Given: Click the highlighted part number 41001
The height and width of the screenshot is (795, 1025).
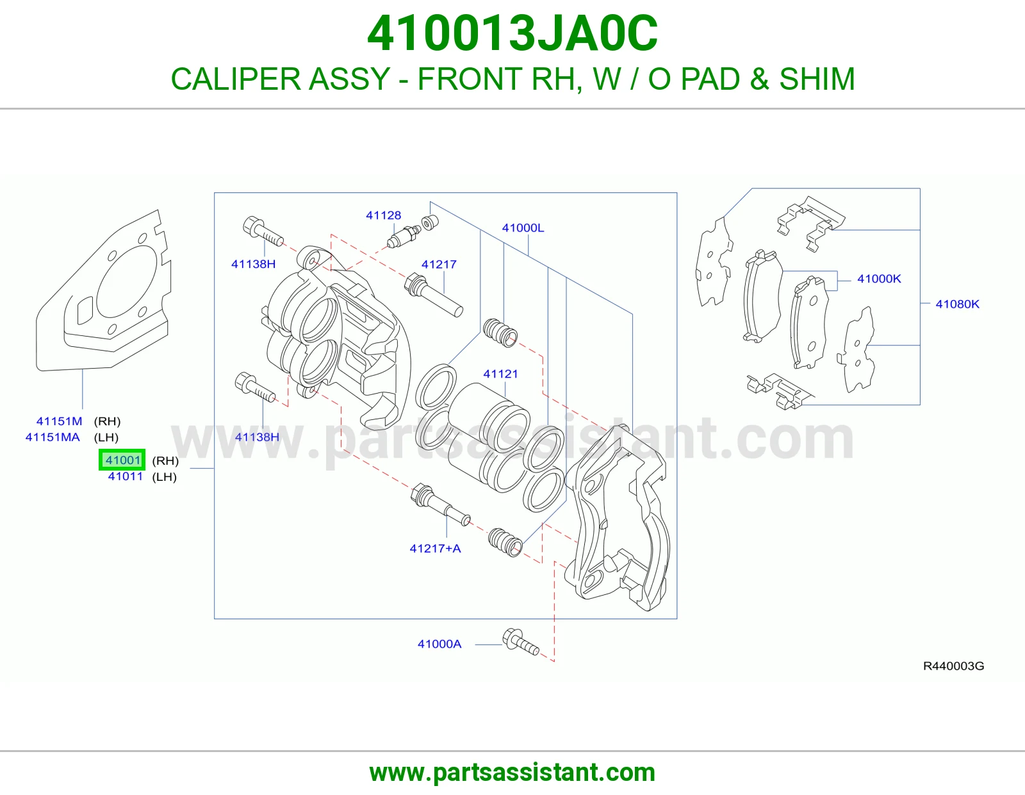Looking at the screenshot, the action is tap(122, 460).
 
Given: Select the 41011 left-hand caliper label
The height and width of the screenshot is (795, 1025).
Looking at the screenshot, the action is tap(125, 476).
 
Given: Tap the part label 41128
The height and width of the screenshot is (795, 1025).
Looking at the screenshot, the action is tap(384, 215).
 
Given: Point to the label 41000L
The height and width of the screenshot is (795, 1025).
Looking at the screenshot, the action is tap(523, 228).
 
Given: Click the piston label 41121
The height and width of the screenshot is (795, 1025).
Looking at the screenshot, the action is tap(500, 374).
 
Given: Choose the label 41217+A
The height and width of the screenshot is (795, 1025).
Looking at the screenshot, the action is tap(435, 549).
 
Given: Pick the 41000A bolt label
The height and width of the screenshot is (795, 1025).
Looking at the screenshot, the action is tap(439, 644).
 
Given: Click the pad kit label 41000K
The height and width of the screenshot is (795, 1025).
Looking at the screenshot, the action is tap(879, 279).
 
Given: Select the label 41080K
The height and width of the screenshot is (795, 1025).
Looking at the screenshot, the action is tap(957, 304).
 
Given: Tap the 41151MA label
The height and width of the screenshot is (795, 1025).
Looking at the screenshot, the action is tap(53, 437).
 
